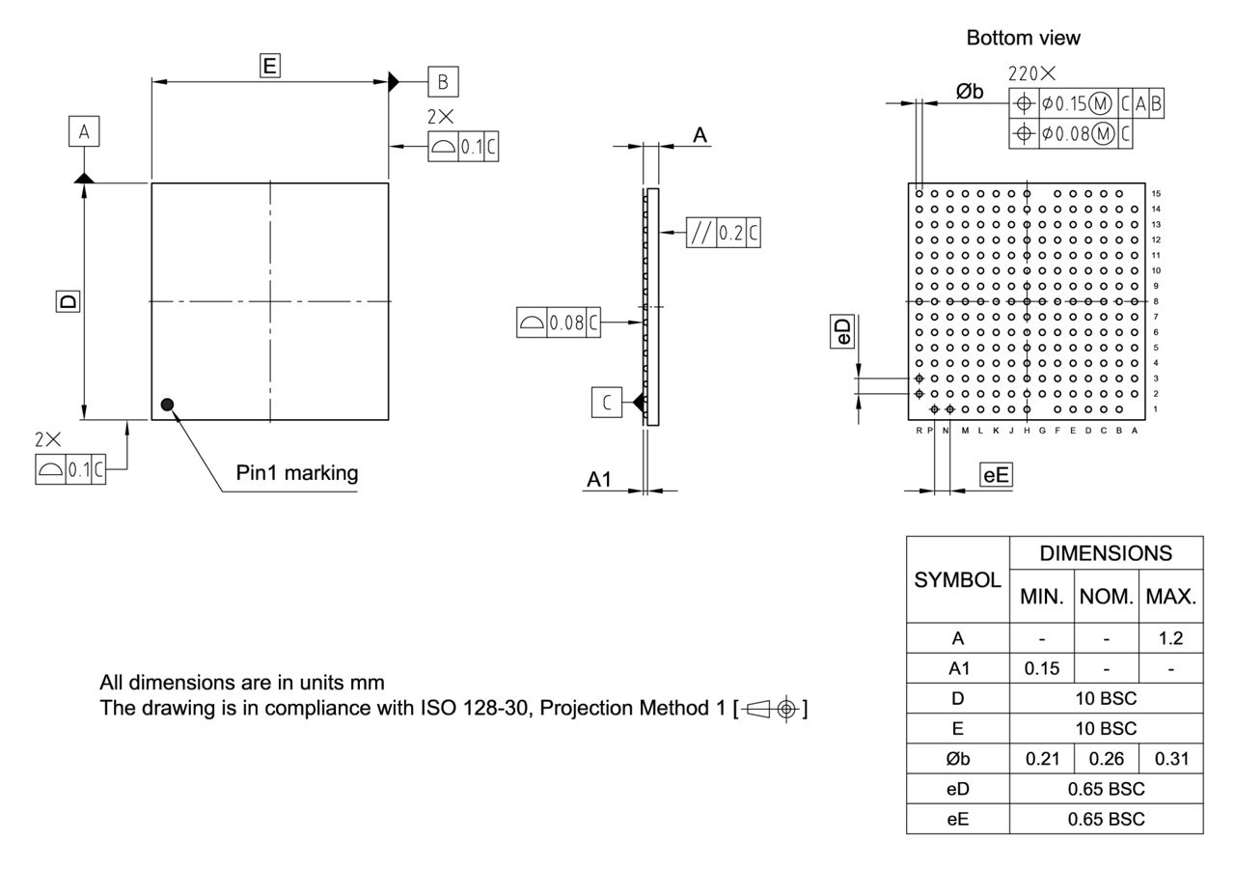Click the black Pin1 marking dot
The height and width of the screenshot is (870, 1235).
click(x=168, y=405)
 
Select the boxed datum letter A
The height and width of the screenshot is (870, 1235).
click(x=84, y=131)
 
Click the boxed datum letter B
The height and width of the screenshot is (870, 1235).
click(x=443, y=82)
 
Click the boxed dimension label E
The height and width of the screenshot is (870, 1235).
click(x=270, y=66)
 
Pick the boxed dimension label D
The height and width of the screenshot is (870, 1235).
click(x=67, y=301)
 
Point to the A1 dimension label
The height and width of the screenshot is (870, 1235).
click(x=600, y=479)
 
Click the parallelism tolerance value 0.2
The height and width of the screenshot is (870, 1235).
click(x=731, y=233)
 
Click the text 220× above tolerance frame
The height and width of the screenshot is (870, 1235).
click(x=1031, y=73)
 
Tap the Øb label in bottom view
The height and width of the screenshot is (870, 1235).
click(x=970, y=91)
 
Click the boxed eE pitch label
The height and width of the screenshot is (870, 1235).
click(x=996, y=474)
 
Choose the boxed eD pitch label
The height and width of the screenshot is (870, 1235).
click(x=843, y=332)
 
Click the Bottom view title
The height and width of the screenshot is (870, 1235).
click(x=1023, y=39)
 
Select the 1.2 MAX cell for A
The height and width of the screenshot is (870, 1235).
click(x=1170, y=638)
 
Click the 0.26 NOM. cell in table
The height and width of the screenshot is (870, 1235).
click(x=1106, y=758)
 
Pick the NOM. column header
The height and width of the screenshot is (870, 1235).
click(x=1106, y=597)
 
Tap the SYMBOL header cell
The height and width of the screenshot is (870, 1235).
click(x=957, y=580)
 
